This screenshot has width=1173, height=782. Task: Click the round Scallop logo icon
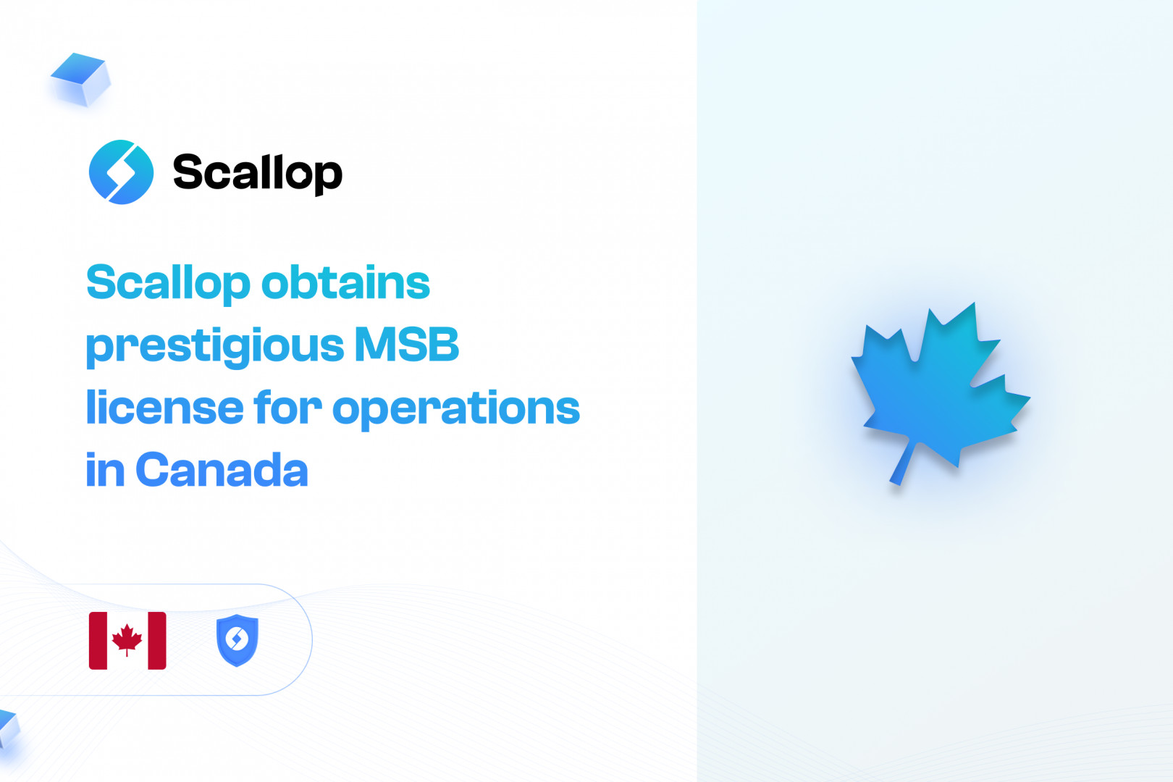pos(121,172)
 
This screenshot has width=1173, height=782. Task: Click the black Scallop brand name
pos(257,174)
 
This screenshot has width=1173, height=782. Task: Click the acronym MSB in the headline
pos(407,344)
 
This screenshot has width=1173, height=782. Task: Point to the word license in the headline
pos(164,406)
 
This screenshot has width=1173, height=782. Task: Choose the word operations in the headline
pos(456,410)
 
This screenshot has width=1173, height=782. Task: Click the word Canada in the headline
pos(222,470)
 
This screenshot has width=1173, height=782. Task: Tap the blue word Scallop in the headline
pos(168,284)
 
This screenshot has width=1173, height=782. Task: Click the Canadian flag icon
pos(127,641)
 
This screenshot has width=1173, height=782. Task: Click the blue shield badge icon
pos(237,640)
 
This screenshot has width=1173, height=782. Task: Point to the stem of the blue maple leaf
pos(904,464)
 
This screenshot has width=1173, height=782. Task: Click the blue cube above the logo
pos(80,79)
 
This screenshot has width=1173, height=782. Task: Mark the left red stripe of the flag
pos(98,641)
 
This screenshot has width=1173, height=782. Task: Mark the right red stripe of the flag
pos(157,641)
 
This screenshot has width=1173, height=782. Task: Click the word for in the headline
pos(287,406)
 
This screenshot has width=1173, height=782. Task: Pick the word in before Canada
pos(105,470)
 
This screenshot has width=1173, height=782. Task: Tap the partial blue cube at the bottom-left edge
pos(9,728)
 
